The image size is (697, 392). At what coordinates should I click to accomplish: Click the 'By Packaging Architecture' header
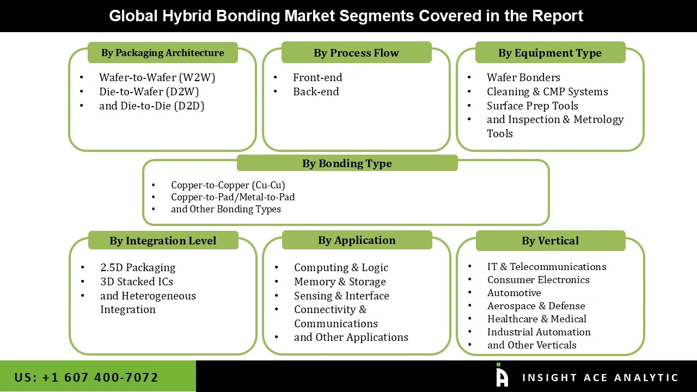[x=162, y=53]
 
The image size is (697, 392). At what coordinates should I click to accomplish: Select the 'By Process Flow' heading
[x=356, y=53]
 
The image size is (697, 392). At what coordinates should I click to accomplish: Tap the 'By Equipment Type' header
[x=550, y=53]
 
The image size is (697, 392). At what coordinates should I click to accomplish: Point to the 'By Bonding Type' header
[x=347, y=163]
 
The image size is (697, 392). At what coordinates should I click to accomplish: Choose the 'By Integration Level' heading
[x=163, y=241]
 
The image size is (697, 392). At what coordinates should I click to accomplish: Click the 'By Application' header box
[x=357, y=240]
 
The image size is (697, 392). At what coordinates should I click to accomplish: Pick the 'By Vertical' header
[x=550, y=241]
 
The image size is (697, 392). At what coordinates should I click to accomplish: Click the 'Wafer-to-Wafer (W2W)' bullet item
[x=157, y=77]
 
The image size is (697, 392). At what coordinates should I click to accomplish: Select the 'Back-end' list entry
[x=316, y=91]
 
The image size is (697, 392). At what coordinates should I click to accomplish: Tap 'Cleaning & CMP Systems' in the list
[x=547, y=91]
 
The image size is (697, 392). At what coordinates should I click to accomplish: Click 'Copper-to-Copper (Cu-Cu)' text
[x=228, y=185]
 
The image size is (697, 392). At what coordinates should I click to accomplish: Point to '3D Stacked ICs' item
[x=137, y=281]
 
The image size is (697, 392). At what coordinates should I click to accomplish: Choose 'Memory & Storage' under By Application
[x=340, y=281]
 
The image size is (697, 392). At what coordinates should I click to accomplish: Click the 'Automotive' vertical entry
[x=514, y=293]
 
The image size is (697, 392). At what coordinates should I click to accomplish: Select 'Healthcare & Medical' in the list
[x=536, y=319]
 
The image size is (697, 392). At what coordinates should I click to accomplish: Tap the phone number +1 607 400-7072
[x=87, y=377]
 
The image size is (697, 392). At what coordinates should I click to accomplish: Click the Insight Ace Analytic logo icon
[x=502, y=376]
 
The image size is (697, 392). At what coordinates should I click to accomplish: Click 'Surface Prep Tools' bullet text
[x=532, y=106]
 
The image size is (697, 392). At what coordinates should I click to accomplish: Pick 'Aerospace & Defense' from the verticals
[x=536, y=306]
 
